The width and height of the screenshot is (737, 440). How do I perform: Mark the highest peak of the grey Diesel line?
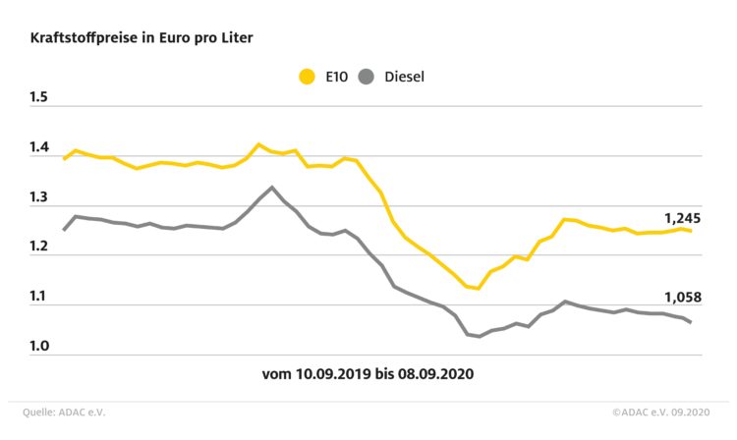272,187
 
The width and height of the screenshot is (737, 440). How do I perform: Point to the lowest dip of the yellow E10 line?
478,289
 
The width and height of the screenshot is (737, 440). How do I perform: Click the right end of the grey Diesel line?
690,322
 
